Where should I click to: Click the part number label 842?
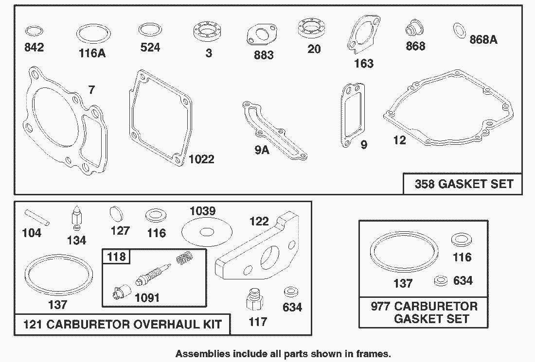pos(34,47)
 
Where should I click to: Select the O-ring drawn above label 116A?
pos(92,35)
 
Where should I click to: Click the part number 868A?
pos(483,40)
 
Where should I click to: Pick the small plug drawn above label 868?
pos(413,30)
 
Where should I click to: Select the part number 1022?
pos(201,159)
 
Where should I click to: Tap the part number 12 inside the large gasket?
pos(399,140)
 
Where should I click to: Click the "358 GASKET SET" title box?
pos(464,184)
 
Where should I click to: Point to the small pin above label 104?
pos(37,217)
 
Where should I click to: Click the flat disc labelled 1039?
pos(205,232)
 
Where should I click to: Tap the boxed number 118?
pos(116,257)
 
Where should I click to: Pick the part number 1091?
pos(147,297)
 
